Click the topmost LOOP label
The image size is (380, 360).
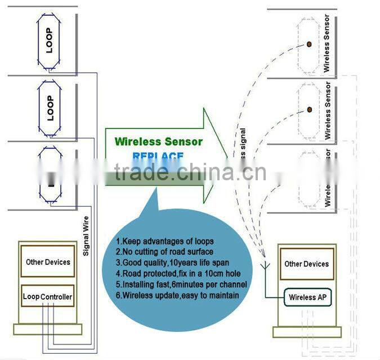click(x=49, y=40)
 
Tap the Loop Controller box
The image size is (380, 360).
click(x=48, y=296)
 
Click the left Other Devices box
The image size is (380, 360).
click(x=48, y=261)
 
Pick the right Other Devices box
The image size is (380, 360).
click(x=307, y=264)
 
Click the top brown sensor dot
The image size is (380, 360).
click(x=309, y=44)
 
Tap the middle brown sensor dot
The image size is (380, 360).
click(x=309, y=109)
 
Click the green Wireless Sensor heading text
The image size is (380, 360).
click(x=158, y=141)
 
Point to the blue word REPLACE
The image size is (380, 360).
click(x=158, y=156)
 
